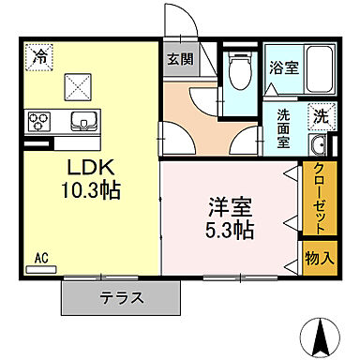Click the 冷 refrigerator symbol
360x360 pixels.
coord(39,57)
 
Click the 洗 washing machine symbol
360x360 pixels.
coord(321,118)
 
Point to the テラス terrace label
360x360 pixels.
coord(122,299)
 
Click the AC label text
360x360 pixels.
coord(41,255)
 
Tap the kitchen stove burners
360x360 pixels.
coord(40,120)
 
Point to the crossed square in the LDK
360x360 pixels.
coord(78,89)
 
